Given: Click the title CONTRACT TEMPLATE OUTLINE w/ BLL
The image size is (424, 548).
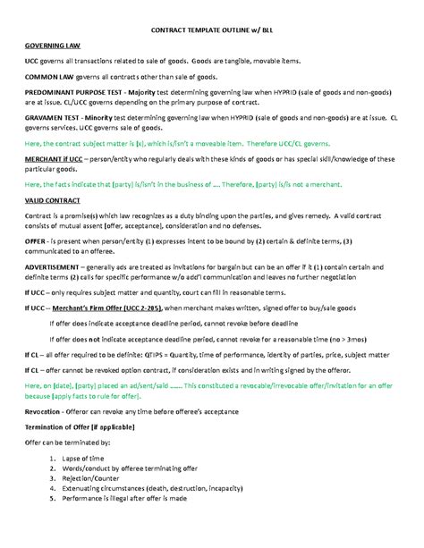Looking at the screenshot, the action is [212, 28].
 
